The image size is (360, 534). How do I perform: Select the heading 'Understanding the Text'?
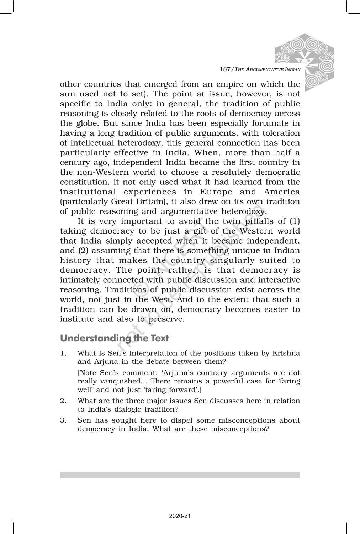coord(114,338)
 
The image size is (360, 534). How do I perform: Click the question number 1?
coord(63,354)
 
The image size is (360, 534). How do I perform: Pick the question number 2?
coord(63,401)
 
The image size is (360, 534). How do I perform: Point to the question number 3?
coord(63,420)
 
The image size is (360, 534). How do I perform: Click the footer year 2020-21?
coord(180,516)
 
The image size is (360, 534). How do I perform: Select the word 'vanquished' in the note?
coord(102,381)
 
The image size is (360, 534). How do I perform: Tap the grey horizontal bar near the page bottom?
coord(180,475)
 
